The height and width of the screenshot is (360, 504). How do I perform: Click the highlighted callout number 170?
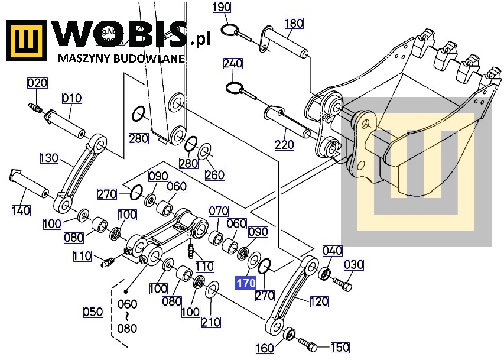tap(246, 283)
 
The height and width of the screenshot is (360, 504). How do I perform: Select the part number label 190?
tap(222, 7)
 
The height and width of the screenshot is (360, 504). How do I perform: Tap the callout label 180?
tap(294, 24)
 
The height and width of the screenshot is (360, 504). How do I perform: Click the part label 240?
tap(233, 64)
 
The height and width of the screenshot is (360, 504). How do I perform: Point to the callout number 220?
tap(284, 144)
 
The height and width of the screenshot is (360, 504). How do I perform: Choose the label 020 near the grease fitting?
tap(37, 83)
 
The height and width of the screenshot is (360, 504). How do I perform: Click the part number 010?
tap(72, 98)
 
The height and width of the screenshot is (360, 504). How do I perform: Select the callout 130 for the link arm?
tap(50, 158)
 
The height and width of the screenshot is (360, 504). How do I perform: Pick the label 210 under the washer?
tap(211, 322)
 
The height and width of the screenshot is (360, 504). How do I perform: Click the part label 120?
tap(318, 301)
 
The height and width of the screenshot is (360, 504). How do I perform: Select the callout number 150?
tap(339, 347)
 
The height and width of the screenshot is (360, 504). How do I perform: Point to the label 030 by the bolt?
tap(354, 264)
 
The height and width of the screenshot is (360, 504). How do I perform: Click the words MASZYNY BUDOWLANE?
tap(122, 59)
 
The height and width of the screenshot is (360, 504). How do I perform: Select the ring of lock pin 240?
tap(236, 88)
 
